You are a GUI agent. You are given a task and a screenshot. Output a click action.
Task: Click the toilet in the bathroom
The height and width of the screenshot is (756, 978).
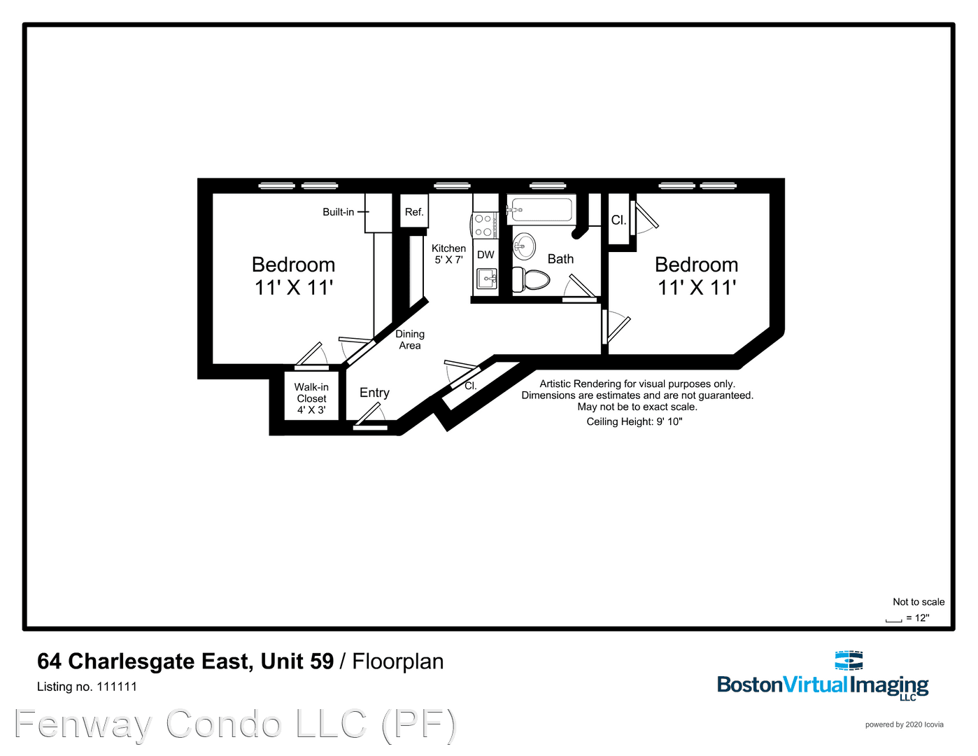click(532, 280)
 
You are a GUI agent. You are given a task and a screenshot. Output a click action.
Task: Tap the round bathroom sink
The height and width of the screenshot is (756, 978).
click(524, 246)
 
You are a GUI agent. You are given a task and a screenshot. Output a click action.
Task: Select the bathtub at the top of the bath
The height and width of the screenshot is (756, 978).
click(541, 209)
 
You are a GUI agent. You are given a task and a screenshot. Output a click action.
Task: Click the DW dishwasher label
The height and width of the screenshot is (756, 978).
click(486, 255)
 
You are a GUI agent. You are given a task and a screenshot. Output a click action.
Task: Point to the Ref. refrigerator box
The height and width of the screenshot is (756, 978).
click(414, 212)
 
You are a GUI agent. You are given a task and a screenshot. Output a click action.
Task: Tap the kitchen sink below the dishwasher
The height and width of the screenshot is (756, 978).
click(486, 279)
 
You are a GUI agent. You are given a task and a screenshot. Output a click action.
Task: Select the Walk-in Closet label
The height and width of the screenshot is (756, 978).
click(311, 398)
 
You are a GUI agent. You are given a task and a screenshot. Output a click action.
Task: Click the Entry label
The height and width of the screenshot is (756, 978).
click(374, 393)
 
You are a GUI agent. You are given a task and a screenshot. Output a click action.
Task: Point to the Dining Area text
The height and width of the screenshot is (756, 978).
click(410, 339)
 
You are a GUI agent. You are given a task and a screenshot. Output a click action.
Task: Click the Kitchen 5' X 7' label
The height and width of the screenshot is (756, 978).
click(448, 254)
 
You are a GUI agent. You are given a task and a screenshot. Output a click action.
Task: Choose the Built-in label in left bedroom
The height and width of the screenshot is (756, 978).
click(338, 212)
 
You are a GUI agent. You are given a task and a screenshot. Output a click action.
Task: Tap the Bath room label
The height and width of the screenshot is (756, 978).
click(560, 259)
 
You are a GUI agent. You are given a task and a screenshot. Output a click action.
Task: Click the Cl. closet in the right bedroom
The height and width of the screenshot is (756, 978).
click(618, 220)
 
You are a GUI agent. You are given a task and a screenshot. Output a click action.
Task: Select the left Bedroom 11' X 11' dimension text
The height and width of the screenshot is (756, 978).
click(293, 288)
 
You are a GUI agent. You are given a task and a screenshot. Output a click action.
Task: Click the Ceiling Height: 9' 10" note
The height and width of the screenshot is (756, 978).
click(634, 421)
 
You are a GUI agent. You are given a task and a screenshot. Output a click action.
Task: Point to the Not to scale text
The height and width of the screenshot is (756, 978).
click(918, 602)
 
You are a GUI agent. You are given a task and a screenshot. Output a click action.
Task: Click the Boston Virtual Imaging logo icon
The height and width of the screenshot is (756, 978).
click(849, 660)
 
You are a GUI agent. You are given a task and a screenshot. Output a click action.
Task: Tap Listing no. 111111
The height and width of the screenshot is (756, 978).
click(87, 687)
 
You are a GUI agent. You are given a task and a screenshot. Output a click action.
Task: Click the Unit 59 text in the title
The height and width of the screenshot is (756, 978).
click(297, 661)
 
